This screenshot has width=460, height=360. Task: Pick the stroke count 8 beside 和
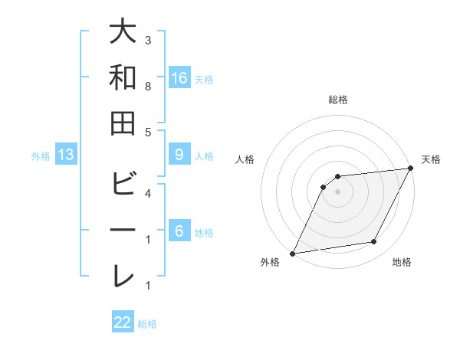click(148, 87)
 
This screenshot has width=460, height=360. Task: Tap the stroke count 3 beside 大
click(148, 40)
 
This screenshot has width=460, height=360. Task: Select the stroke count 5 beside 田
click(148, 132)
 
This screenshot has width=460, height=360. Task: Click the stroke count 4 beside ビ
click(148, 193)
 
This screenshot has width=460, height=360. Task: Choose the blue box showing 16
click(179, 77)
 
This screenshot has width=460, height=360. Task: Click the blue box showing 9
click(179, 155)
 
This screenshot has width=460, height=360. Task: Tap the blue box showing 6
click(179, 231)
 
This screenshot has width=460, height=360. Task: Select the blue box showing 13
click(66, 155)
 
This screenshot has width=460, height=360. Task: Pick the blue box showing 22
click(123, 322)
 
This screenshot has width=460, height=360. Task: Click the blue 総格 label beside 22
click(147, 324)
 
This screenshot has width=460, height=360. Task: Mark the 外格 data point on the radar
click(292, 254)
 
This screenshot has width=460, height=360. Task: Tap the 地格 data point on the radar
click(374, 242)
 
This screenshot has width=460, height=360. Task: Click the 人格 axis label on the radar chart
click(245, 160)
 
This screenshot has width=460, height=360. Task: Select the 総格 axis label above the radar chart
click(337, 100)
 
